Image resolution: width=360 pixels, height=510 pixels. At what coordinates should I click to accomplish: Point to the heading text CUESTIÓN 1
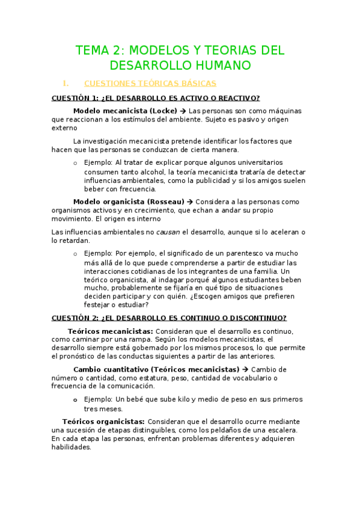[75, 99]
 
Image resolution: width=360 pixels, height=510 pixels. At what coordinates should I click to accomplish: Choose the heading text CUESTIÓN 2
[75, 318]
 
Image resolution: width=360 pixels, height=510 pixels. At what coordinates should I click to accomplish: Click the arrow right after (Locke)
[183, 111]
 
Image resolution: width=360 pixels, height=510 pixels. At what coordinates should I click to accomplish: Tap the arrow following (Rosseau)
[190, 202]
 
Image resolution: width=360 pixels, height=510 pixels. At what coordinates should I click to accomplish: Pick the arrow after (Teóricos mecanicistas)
[244, 369]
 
